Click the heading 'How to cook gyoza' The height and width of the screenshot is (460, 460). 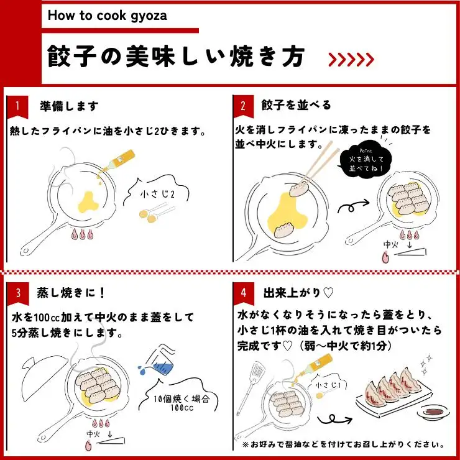[x=107, y=15]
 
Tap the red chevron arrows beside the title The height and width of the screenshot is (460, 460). [x=351, y=59]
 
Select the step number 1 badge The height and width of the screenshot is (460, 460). [x=17, y=106]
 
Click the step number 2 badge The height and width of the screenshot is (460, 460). [x=243, y=106]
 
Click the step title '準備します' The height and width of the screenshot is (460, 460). [x=68, y=106]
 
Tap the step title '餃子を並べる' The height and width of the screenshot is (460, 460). [x=297, y=105]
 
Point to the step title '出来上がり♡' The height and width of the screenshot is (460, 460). [x=299, y=292]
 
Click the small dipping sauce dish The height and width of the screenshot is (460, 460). [x=431, y=411]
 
